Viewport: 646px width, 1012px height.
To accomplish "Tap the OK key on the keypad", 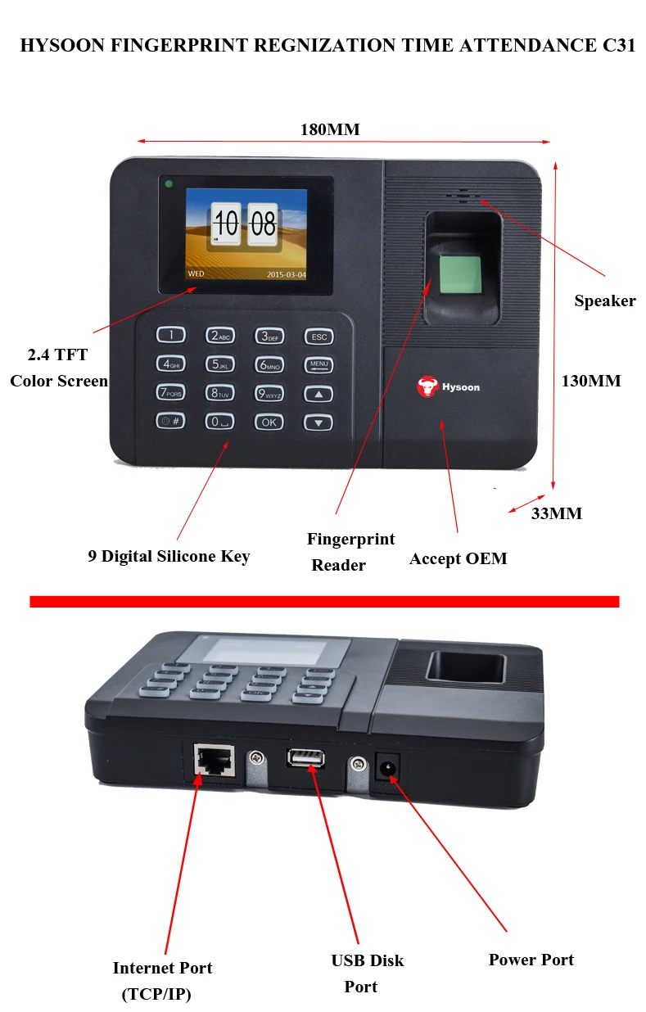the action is (269, 422).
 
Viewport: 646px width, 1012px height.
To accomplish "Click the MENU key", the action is (318, 365).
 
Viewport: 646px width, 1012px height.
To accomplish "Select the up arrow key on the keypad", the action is (318, 394).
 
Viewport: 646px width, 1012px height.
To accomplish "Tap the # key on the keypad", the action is (170, 422).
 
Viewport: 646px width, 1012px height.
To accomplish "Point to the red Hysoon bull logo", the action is (427, 386).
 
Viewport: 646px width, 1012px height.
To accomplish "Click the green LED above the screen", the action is (169, 183).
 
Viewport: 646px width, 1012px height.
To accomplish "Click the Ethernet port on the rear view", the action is (213, 761).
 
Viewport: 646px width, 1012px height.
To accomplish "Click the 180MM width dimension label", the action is (330, 129).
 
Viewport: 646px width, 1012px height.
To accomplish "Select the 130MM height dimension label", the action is (591, 381).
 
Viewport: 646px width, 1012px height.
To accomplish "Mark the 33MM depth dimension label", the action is (557, 513).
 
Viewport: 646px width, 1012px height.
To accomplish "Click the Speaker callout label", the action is (604, 300).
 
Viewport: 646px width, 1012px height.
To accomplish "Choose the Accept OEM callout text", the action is (458, 558).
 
